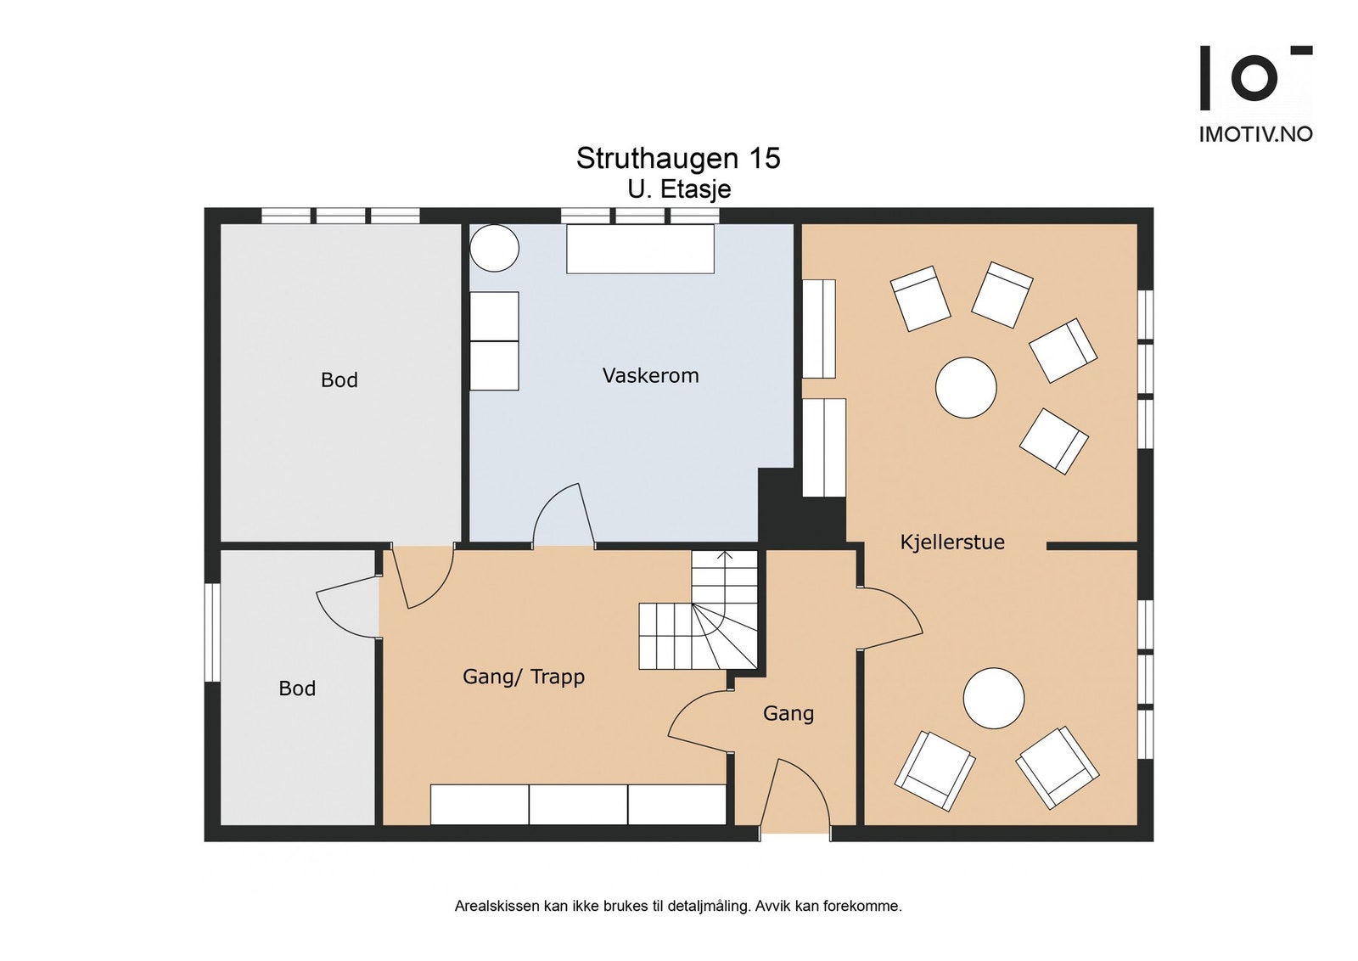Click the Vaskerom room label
[x=650, y=376]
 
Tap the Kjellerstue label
[x=951, y=542]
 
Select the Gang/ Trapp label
[x=523, y=677]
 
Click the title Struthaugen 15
[x=678, y=158]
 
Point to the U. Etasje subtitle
[x=679, y=190]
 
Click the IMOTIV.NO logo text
[x=1255, y=134]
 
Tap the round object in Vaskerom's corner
[x=494, y=248]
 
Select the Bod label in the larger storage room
[x=339, y=380]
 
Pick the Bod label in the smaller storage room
[x=297, y=688]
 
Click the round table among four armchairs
[x=966, y=387]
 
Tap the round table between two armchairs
[x=994, y=698]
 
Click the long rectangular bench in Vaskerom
[x=640, y=249]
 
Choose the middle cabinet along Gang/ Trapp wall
[x=578, y=805]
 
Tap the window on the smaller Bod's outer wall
[x=211, y=632]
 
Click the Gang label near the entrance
[x=788, y=714]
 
